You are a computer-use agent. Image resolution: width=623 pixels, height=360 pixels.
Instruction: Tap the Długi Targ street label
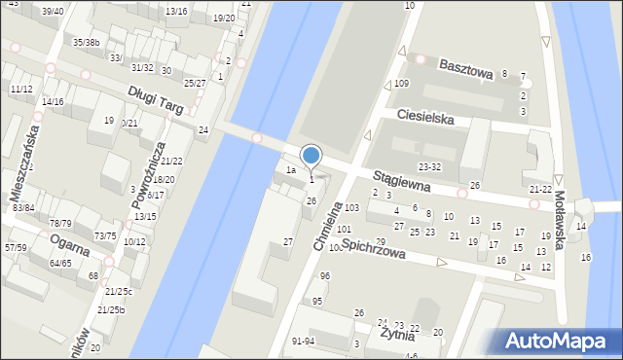(156, 98)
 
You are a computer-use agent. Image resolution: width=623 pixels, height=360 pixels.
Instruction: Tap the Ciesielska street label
(425, 117)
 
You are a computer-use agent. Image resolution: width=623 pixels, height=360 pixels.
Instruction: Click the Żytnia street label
(398, 336)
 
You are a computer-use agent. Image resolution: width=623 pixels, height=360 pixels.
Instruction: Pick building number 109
(401, 84)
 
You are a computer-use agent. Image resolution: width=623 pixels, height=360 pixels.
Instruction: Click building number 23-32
(429, 166)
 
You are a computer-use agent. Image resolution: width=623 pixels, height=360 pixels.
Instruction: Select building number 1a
(290, 170)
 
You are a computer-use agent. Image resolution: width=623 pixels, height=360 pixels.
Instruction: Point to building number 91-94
(303, 341)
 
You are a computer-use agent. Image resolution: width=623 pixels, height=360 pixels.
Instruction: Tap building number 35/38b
(87, 43)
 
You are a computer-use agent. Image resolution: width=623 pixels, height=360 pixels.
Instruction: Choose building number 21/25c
(119, 291)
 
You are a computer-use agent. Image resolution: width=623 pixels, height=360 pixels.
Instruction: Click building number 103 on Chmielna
(351, 208)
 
